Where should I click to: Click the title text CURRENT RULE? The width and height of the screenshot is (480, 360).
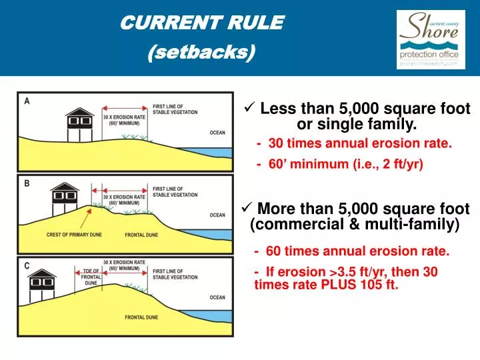point(202,23)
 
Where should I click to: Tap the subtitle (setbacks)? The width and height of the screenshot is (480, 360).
point(201,52)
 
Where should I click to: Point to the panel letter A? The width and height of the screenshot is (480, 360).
point(27,101)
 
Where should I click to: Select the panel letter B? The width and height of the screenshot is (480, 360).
point(27,182)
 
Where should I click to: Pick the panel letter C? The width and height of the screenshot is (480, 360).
point(27,265)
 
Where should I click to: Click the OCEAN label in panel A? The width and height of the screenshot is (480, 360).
point(217,133)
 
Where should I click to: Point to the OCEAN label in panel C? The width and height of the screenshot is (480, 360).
point(217,297)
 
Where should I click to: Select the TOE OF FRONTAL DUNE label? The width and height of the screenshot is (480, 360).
point(91,277)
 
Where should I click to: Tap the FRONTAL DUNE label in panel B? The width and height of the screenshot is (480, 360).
point(141,235)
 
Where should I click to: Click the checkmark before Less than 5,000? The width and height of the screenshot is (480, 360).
point(250,108)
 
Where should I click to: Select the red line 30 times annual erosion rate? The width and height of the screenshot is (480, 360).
point(354,143)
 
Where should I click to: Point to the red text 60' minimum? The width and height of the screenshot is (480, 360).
point(344,164)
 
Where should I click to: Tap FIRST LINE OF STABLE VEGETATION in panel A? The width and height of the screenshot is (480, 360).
point(175,109)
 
